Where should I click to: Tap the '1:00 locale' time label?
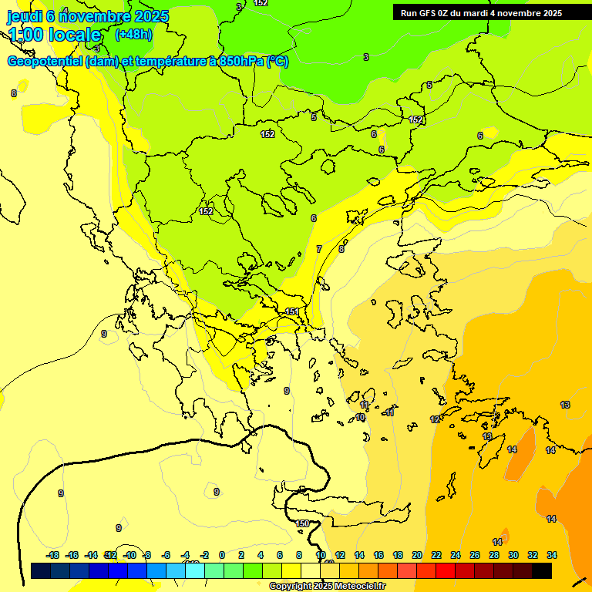pos(55,35)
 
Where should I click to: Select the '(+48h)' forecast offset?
pos(133,34)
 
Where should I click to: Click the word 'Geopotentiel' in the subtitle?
pos(45,62)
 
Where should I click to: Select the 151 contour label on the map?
pos(292,311)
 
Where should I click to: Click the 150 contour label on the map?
pos(303,523)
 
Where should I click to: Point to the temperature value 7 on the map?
pos(319,249)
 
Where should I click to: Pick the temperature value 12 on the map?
pos(435,419)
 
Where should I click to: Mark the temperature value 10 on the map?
pos(360,417)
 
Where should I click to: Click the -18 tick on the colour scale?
pos(53,555)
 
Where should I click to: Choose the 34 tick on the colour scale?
pos(552,555)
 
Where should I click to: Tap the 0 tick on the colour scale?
pos(222,555)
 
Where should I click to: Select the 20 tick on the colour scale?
pos(417,555)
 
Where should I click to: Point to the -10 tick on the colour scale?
pos(130,555)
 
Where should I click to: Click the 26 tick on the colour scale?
pos(475,555)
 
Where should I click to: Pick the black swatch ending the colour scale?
pos(542,571)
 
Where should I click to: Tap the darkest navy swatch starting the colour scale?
pos(41,571)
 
